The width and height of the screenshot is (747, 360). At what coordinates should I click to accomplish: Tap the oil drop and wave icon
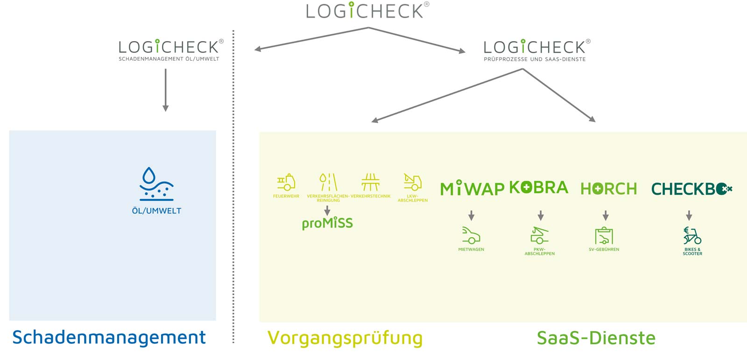pos(156,184)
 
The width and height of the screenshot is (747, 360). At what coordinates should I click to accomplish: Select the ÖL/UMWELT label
pos(156,211)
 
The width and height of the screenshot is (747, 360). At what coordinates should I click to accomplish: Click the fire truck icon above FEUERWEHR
pos(286,182)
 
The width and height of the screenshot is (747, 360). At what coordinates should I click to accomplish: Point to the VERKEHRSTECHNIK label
pos(371,196)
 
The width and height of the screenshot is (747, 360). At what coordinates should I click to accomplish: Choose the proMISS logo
pos(327,223)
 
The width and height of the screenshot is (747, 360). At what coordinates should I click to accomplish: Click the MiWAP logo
pos(472,189)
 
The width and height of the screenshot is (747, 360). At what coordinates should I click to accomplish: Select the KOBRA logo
pos(538,187)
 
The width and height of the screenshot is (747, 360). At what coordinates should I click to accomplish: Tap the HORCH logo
pos(608,189)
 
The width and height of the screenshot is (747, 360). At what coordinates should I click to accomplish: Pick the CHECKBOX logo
pos(691,189)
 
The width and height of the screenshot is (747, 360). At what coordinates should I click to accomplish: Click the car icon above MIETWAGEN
pos(471,235)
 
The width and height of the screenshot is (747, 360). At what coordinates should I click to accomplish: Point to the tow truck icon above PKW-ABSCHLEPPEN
pos(540,235)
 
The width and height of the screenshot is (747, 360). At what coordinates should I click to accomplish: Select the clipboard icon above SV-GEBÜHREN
pos(604,235)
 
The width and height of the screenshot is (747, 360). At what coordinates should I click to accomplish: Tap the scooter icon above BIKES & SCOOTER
pos(692,235)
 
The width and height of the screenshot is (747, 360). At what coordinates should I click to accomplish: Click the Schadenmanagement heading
pos(109,337)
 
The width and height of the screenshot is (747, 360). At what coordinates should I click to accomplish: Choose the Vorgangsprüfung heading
pos(345,338)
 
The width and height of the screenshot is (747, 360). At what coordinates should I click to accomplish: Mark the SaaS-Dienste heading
pos(596,338)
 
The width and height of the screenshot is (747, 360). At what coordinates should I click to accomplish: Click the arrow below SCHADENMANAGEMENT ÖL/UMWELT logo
pos(165,90)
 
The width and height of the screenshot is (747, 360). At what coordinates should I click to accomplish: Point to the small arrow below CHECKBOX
pos(689,215)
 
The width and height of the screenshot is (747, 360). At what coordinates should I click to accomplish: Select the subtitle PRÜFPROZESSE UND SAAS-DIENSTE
pos(535,59)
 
